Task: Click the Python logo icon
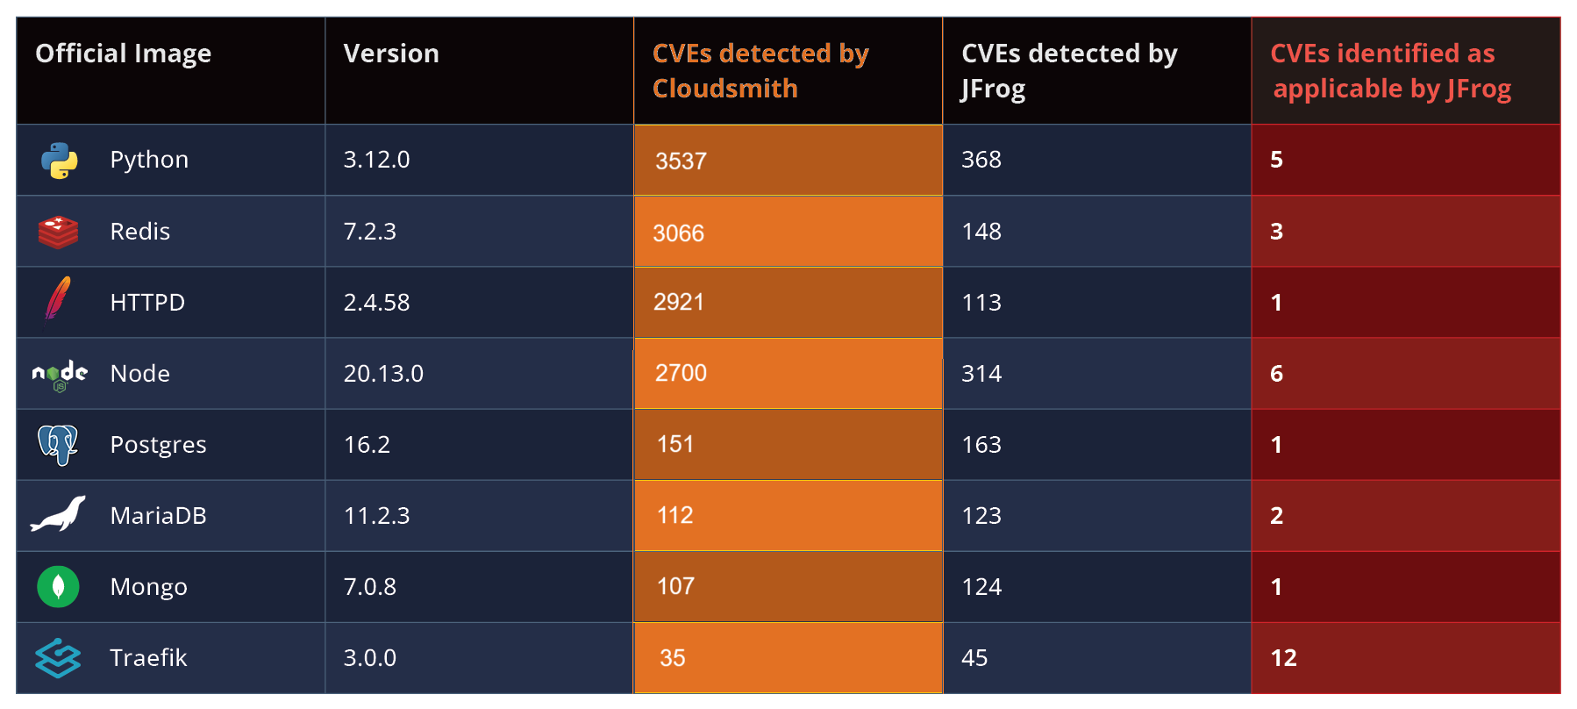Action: (59, 161)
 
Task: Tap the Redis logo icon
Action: (58, 232)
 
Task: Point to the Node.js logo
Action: (60, 375)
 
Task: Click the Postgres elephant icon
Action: (58, 444)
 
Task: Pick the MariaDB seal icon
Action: (58, 514)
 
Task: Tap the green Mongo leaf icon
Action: (58, 586)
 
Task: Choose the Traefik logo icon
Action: (58, 658)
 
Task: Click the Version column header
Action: (391, 54)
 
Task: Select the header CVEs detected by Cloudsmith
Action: (760, 70)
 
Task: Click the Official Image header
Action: (123, 54)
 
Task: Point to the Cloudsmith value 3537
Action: (681, 161)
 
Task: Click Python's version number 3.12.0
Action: (376, 160)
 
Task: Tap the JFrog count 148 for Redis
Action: (981, 232)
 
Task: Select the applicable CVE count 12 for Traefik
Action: (1283, 658)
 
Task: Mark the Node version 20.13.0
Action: (383, 374)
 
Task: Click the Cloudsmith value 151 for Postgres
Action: (675, 444)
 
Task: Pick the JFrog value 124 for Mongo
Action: (981, 586)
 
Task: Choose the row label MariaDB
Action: (158, 515)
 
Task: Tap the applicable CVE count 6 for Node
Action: (1277, 374)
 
